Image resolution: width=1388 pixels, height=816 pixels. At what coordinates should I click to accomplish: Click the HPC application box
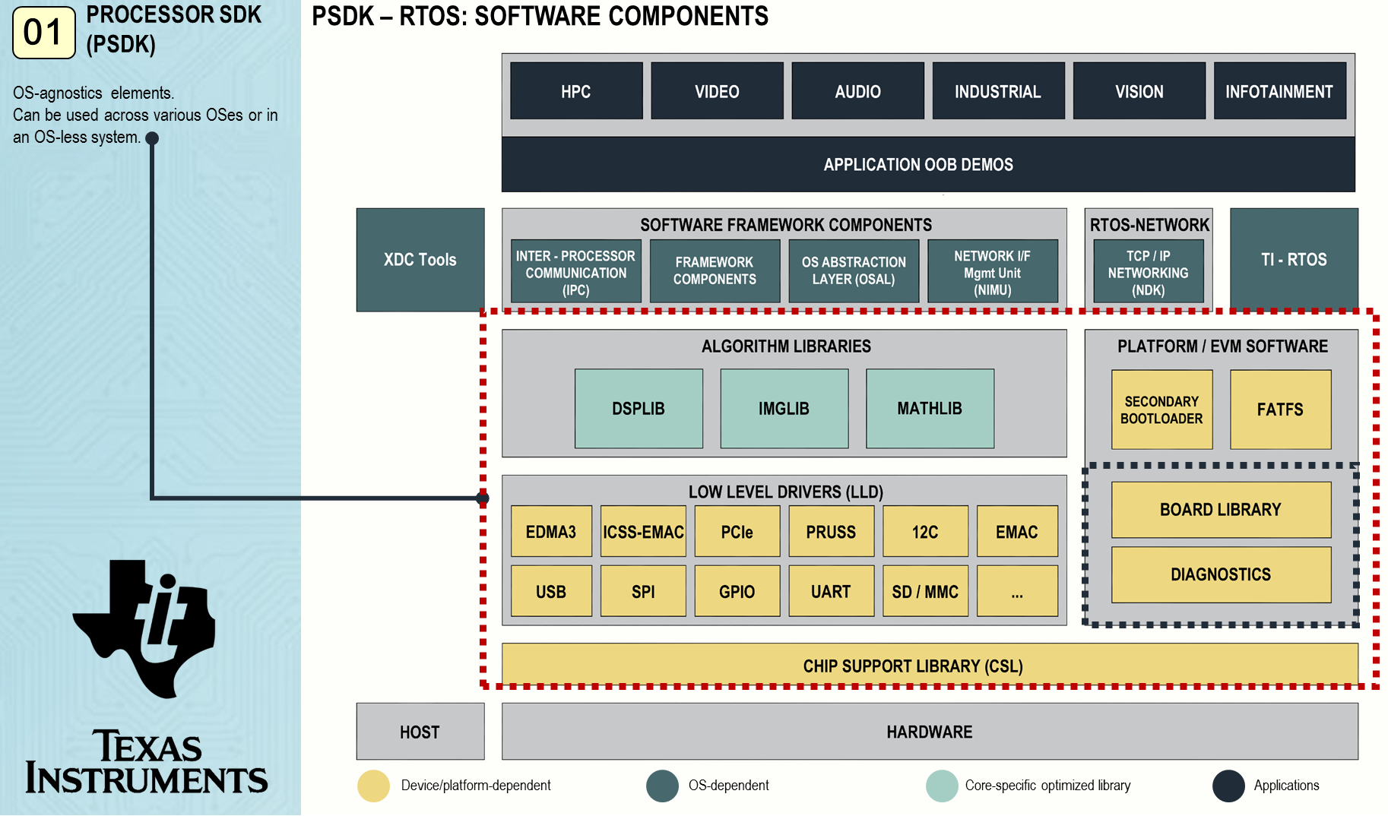(576, 91)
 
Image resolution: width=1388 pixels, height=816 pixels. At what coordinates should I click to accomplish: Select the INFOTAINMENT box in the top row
(1279, 91)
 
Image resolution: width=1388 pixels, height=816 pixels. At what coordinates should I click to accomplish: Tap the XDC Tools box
(420, 260)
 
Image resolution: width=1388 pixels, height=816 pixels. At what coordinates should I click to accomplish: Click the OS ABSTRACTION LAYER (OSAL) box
(854, 271)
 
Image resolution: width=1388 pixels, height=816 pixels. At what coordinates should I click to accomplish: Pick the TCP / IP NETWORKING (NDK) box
(1148, 272)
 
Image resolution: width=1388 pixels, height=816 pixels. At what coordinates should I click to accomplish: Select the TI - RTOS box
(1294, 260)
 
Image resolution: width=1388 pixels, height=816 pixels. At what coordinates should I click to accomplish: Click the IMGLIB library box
(784, 409)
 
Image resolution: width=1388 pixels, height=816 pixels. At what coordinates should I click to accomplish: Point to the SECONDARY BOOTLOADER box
(1161, 410)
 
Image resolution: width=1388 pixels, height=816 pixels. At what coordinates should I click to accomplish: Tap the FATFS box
(1280, 410)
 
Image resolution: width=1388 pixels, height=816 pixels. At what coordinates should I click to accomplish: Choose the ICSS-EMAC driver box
(643, 532)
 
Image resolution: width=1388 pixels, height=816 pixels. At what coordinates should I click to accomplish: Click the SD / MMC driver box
(925, 591)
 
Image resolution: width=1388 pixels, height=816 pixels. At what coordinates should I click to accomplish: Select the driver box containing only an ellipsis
(1017, 591)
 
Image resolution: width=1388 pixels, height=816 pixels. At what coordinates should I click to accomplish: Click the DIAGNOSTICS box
(1221, 574)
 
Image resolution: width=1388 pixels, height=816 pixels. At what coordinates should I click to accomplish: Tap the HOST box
(420, 732)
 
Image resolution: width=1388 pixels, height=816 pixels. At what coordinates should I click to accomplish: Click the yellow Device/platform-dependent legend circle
(373, 786)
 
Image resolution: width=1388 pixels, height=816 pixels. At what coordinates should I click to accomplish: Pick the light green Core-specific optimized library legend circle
(942, 786)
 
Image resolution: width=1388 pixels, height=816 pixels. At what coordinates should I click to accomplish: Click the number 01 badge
(44, 33)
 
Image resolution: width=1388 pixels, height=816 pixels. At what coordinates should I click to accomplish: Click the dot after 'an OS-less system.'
(152, 138)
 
